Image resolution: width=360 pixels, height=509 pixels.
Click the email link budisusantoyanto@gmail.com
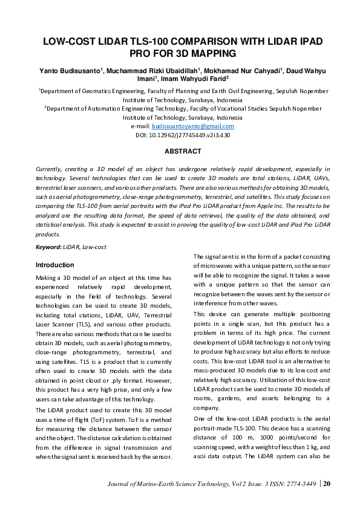[x=192, y=126]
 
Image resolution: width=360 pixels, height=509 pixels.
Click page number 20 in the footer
[x=327, y=483]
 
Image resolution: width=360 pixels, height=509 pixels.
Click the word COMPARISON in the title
[x=208, y=42]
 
